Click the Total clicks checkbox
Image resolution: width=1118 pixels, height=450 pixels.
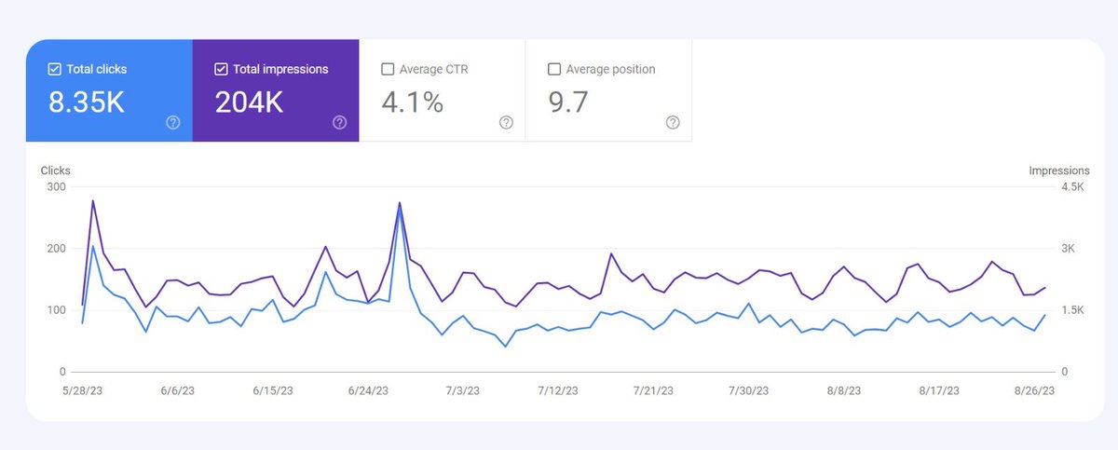55,69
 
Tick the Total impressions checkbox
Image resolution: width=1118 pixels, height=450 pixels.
222,69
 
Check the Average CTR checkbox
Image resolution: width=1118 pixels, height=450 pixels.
388,69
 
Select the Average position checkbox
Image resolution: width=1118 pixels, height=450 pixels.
554,69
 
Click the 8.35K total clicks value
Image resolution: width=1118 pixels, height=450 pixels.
87,102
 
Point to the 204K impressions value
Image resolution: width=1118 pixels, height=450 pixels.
249,102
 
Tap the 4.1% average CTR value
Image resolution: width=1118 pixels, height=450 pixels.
412,102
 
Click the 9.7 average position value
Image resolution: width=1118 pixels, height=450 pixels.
568,102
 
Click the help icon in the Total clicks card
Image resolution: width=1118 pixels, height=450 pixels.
173,122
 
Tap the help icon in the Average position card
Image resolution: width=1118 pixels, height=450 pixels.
673,122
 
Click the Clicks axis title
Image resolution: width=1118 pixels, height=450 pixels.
56,170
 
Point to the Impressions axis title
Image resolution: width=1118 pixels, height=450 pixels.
1058,170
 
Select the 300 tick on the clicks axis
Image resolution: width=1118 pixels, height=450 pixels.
55,187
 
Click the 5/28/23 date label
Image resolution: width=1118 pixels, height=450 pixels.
82,391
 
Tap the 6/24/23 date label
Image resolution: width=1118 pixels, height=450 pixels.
368,391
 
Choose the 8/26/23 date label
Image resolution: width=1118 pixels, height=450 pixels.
1034,391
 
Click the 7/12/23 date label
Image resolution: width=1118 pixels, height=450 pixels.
558,391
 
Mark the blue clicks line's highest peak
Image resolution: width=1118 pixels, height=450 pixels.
400,209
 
